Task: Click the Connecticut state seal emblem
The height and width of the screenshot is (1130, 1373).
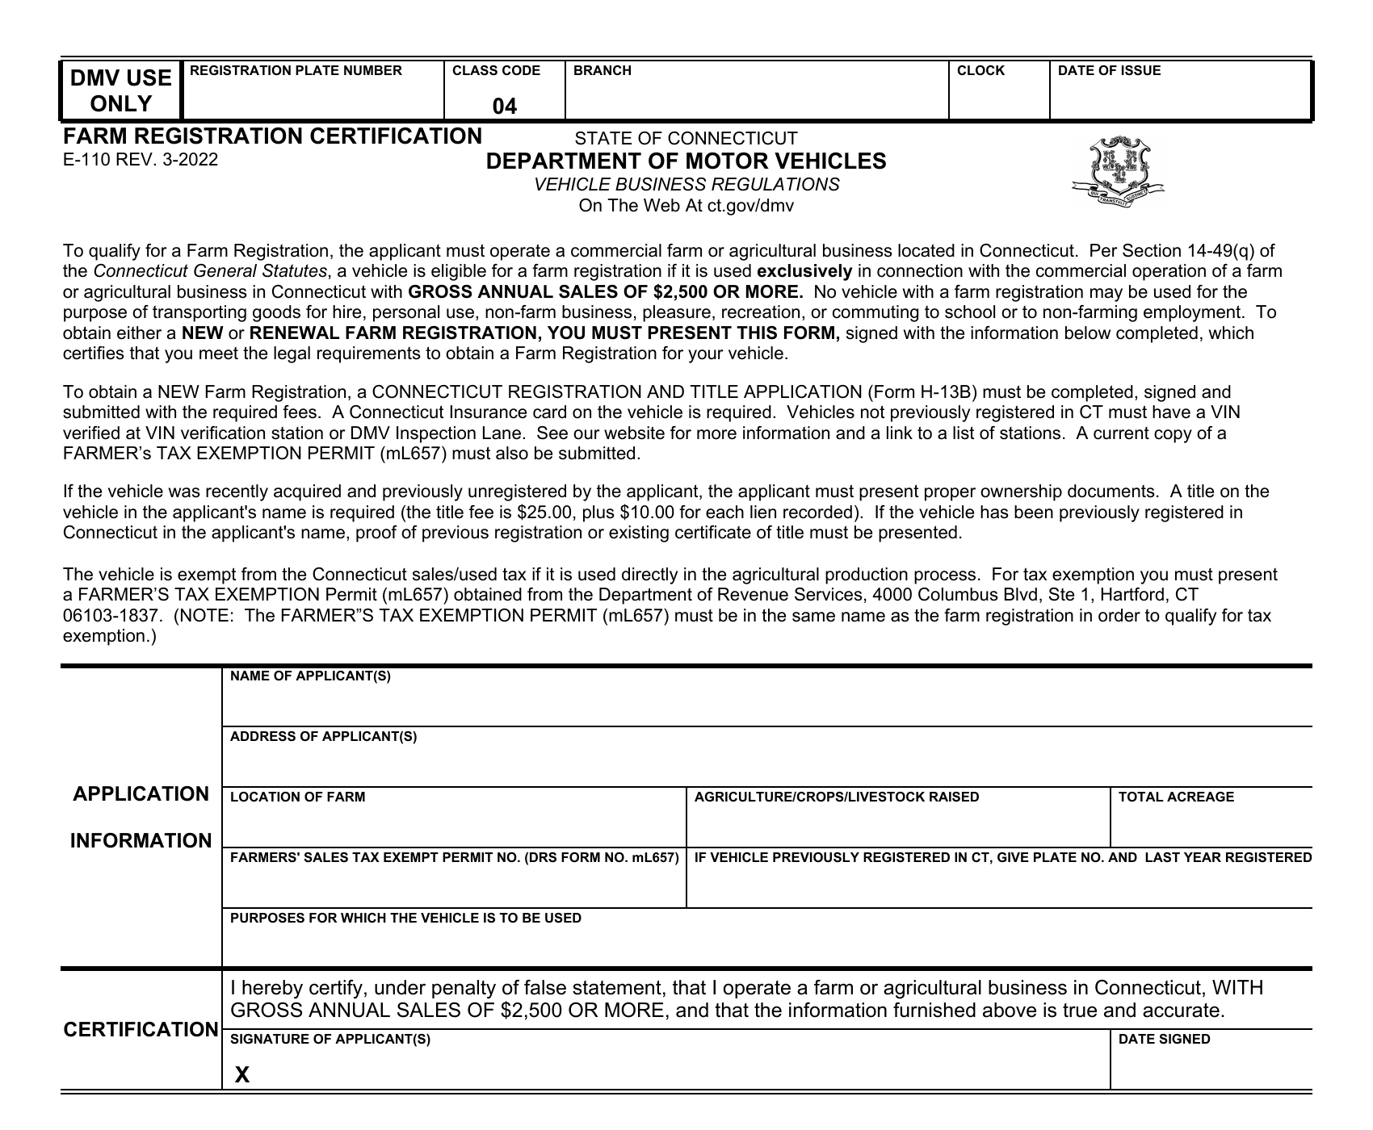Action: (x=1118, y=172)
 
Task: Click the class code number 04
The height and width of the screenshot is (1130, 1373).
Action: (x=505, y=107)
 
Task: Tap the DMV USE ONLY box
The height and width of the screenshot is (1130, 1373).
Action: (x=121, y=90)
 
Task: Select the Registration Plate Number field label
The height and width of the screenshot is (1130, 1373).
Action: (x=295, y=71)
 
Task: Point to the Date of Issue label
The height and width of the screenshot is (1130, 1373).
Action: (x=1109, y=71)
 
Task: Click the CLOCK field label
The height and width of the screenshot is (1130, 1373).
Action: (x=980, y=71)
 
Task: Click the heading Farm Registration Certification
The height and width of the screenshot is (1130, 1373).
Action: (x=272, y=136)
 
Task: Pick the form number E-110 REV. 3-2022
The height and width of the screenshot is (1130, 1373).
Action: (x=141, y=160)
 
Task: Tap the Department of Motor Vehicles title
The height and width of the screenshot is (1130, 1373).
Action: (x=686, y=161)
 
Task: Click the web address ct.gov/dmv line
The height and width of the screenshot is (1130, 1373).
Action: (x=686, y=206)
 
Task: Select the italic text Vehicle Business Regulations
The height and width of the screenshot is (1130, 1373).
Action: (x=686, y=185)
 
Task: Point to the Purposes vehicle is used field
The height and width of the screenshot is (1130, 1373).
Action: (x=766, y=944)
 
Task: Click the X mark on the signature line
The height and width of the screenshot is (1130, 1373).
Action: (x=242, y=1074)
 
